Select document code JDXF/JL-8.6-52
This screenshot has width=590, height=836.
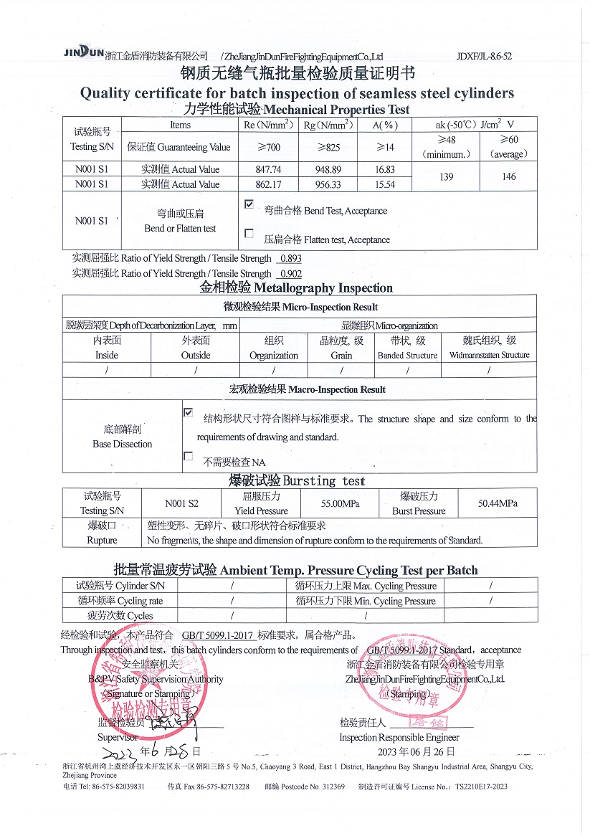[484, 56]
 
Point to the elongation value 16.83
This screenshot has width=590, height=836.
[384, 170]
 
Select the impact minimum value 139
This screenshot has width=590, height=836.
[447, 176]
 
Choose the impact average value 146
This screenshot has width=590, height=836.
[510, 176]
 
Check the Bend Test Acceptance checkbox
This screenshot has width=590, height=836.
[249, 204]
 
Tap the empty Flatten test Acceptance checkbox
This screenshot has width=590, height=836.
[249, 233]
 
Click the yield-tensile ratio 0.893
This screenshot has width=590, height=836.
[290, 259]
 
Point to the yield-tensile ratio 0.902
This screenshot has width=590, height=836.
[290, 274]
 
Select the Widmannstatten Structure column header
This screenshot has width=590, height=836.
[490, 348]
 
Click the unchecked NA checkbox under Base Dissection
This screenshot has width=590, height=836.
[188, 456]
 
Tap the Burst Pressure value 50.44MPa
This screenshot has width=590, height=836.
[498, 504]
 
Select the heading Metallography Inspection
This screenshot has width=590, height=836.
[296, 288]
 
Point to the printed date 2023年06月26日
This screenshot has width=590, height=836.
[417, 751]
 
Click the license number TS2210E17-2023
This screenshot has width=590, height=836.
[477, 787]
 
